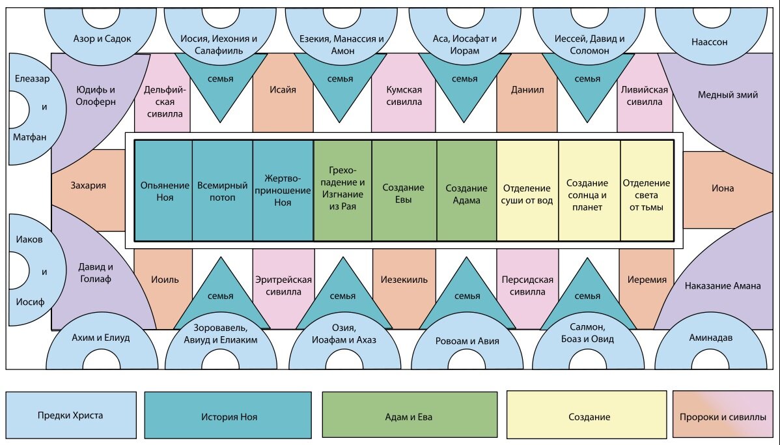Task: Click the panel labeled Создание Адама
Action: (467, 191)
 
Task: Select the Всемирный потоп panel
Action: (223, 191)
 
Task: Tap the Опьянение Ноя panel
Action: (163, 191)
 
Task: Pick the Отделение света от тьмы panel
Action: (647, 191)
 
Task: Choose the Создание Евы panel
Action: (404, 191)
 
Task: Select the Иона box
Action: (721, 189)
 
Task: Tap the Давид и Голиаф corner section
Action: (94, 279)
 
